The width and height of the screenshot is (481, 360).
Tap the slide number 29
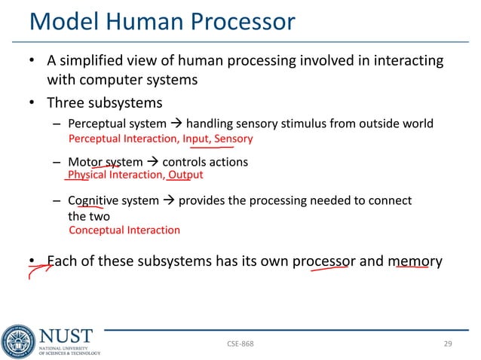point(447,343)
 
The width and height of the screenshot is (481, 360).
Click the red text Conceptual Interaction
point(124,230)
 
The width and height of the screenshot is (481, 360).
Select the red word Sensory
point(233,139)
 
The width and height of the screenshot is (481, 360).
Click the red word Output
point(185,175)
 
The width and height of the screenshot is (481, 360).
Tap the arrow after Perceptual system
point(176,124)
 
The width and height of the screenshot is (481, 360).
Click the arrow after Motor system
point(152,162)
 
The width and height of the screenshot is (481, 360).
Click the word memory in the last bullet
point(415,261)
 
